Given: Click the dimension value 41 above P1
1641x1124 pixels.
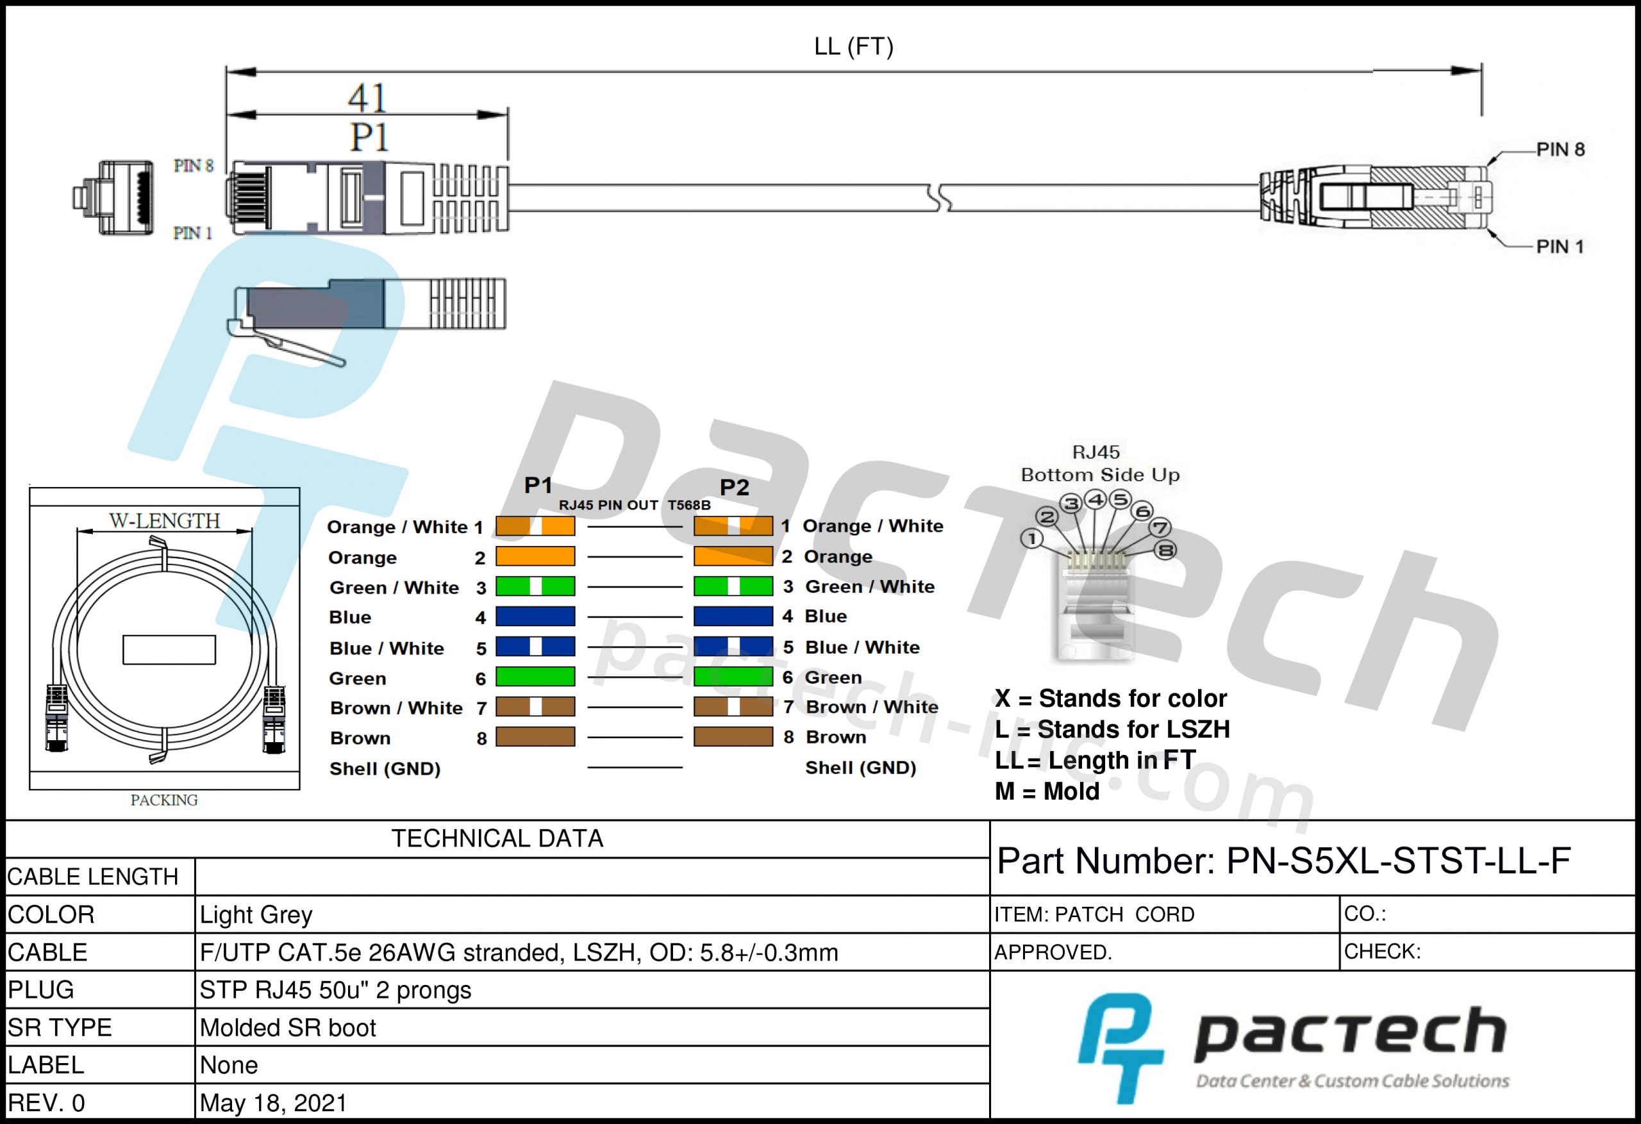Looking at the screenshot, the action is pyautogui.click(x=367, y=97).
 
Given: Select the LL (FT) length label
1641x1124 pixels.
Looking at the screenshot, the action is pyautogui.click(x=854, y=47).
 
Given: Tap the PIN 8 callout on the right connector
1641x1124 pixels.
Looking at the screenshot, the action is pyautogui.click(x=1560, y=150).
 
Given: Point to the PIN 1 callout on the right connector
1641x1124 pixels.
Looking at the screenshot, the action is pyautogui.click(x=1560, y=247).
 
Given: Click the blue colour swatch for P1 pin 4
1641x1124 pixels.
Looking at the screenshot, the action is pyautogui.click(x=535, y=616).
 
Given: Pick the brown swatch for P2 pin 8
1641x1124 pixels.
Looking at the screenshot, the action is pyautogui.click(x=733, y=737).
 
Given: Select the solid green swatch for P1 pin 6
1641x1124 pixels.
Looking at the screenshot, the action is pyautogui.click(x=535, y=676).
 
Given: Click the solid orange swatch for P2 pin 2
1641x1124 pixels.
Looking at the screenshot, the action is pyautogui.click(x=733, y=556).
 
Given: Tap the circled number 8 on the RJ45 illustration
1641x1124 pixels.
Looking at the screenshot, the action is pyautogui.click(x=1165, y=550).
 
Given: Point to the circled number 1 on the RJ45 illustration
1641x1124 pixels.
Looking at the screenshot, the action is pyautogui.click(x=1031, y=539).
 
